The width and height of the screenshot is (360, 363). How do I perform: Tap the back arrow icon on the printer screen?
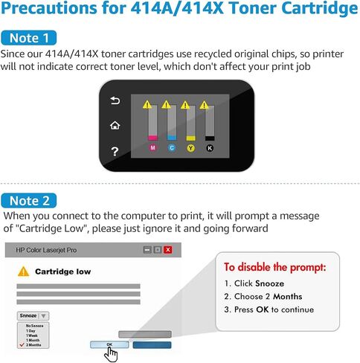click(x=115, y=100)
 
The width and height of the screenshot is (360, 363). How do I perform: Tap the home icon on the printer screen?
click(x=115, y=125)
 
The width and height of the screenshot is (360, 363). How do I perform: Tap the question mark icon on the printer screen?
click(x=115, y=151)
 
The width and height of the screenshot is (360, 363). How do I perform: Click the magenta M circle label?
click(x=153, y=148)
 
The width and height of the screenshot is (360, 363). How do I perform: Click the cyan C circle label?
click(x=172, y=148)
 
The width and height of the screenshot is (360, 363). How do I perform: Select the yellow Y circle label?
click(x=190, y=148)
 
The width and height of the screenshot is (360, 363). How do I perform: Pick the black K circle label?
click(x=209, y=148)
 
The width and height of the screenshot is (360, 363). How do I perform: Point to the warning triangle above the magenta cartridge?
click(x=147, y=105)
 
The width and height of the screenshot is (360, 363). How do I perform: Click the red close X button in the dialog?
click(x=168, y=250)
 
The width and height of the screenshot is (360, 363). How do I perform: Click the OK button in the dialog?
click(x=109, y=344)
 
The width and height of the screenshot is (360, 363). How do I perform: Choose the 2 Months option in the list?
click(x=35, y=344)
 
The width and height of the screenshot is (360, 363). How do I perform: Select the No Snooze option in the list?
click(x=34, y=325)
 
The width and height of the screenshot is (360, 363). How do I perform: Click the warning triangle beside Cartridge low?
click(x=23, y=272)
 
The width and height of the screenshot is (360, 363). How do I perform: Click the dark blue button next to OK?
click(x=151, y=344)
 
